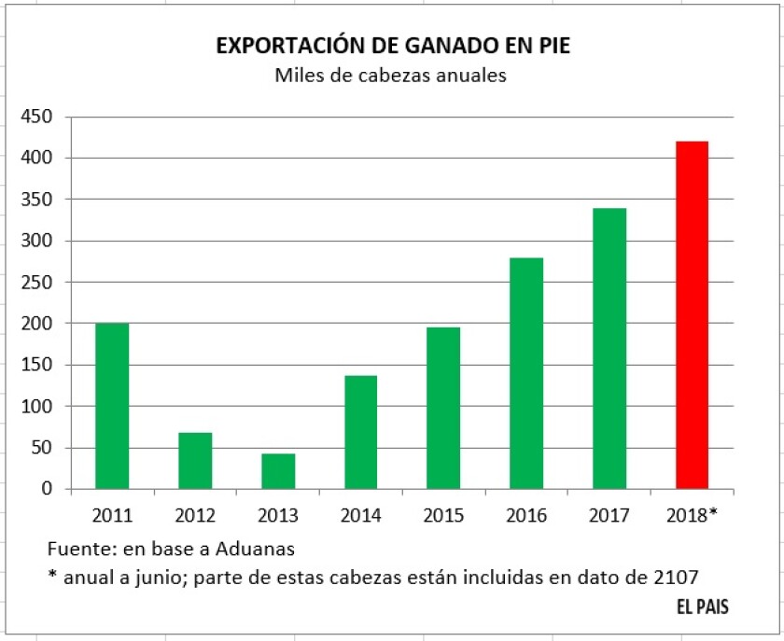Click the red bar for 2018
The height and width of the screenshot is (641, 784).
coord(692,314)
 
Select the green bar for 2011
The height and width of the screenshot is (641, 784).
coord(112,406)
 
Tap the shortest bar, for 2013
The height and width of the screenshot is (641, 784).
coord(278,471)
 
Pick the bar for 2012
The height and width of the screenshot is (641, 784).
coord(195,461)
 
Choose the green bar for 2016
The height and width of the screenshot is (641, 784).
coord(526,373)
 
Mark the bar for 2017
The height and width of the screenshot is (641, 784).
coord(609,348)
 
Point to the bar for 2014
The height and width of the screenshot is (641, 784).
coord(360,432)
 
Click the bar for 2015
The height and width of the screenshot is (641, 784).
coord(443,408)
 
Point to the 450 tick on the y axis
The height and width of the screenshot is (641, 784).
coord(38,118)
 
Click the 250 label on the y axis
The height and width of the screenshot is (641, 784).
coord(38,283)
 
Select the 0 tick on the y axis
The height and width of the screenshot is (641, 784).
coord(47,489)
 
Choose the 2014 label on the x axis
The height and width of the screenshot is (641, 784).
coord(360,515)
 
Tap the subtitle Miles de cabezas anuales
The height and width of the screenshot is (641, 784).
coord(390,77)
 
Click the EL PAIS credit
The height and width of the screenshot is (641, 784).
coord(703,607)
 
